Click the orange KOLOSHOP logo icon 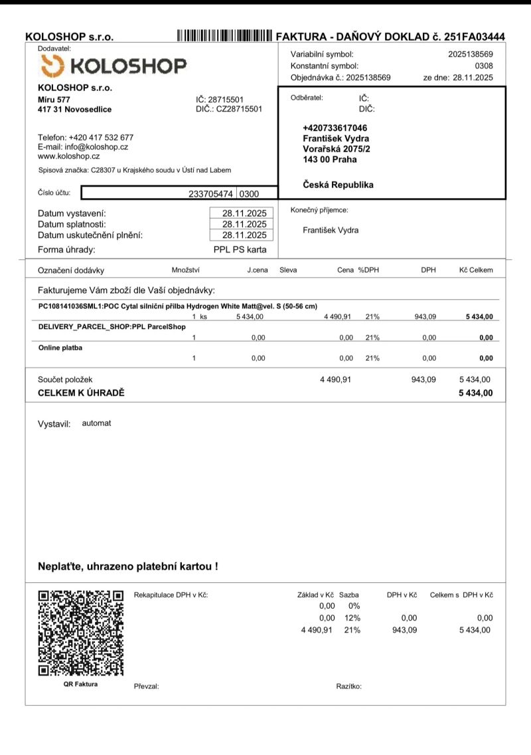coord(52,66)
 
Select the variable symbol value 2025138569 coord(470,54)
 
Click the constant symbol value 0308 coord(484,66)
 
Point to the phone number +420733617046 coord(335,128)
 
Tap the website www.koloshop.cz coord(68,156)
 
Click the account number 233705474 coord(210,193)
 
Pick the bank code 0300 coord(248,193)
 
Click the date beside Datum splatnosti coord(244,224)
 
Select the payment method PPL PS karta coord(240,250)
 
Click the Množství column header coord(185,270)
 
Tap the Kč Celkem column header coord(476,270)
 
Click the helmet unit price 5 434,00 coord(250,317)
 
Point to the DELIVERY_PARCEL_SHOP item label coord(112,327)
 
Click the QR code coord(81,632)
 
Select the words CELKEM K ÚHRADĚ coord(81,393)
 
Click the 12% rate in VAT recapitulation coord(352,618)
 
